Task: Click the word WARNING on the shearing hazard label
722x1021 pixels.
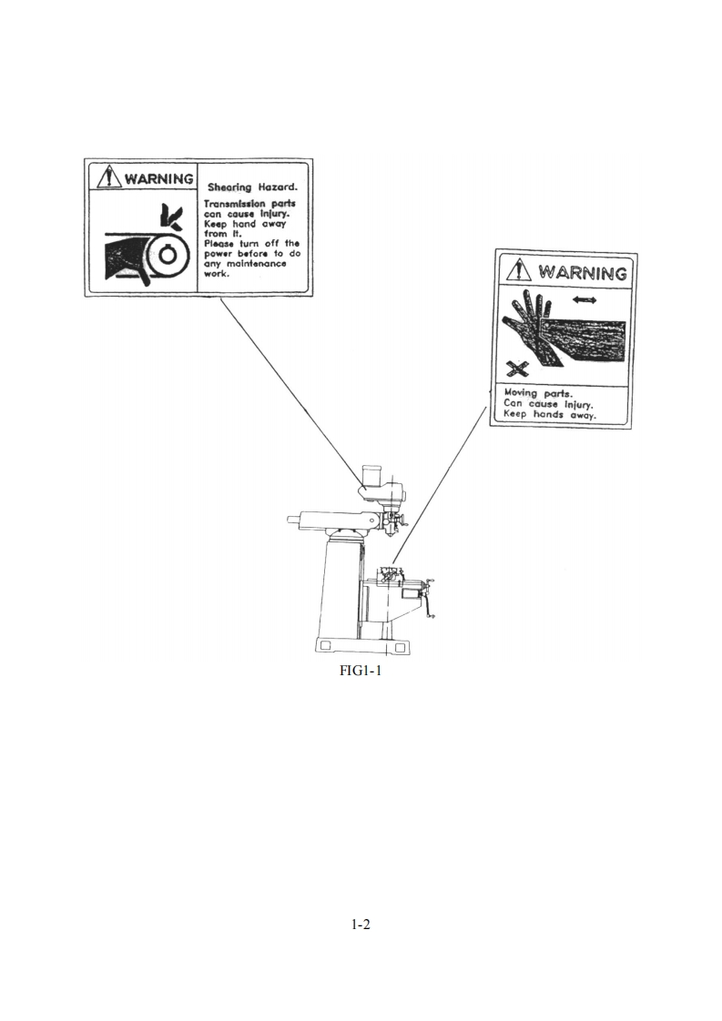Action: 158,177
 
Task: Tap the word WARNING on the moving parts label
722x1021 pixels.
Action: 583,272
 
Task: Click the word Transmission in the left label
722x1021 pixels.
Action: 235,204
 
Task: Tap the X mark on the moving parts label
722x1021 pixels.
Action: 518,369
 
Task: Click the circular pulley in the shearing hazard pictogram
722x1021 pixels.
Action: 167,254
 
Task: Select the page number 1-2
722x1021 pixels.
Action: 361,925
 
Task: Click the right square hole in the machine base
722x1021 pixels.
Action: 399,646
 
